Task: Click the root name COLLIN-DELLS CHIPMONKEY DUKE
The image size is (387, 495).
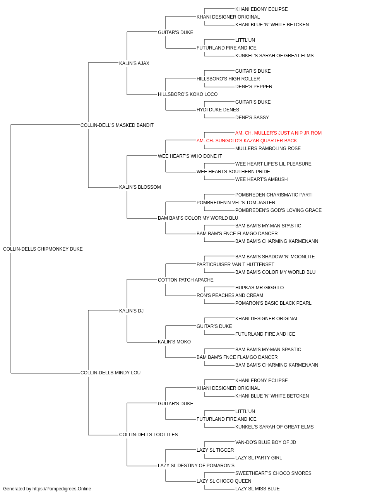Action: coord(43,249)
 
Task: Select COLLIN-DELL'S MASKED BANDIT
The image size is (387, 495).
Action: coord(117,125)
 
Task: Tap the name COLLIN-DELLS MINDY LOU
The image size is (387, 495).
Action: coord(110,373)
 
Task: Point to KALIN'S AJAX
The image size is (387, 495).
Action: coord(134,63)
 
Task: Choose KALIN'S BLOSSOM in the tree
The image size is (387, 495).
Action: coord(140,187)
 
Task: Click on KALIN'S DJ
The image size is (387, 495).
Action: coord(131,311)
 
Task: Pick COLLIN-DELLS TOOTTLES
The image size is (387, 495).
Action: coord(148,435)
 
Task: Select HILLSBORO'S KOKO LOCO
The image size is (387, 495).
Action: coord(188,94)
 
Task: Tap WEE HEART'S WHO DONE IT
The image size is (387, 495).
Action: coord(190,156)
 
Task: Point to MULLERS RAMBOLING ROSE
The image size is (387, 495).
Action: coord(268,148)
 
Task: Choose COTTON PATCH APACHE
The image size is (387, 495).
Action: coord(185,280)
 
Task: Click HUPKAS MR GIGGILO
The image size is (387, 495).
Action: coord(259,288)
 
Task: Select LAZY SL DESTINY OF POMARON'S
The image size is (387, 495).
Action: coord(196,466)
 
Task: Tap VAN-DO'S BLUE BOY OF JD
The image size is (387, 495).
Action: coord(265,442)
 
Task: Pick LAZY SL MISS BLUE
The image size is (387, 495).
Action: coord(257,489)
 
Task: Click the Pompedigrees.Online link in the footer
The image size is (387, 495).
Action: coord(62,489)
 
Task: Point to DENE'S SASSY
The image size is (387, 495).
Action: coord(252,118)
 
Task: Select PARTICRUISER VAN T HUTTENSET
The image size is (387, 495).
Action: coord(235,265)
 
